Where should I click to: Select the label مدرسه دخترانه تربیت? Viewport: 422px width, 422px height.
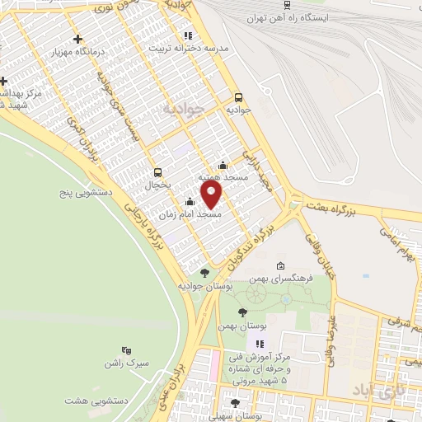189,48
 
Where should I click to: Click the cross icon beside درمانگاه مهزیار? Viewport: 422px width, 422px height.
77,39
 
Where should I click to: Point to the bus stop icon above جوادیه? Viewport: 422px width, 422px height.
238,96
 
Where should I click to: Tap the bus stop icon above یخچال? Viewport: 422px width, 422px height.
157,172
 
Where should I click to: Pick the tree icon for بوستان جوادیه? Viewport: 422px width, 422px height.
204,272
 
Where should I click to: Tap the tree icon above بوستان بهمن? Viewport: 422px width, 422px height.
241,312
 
